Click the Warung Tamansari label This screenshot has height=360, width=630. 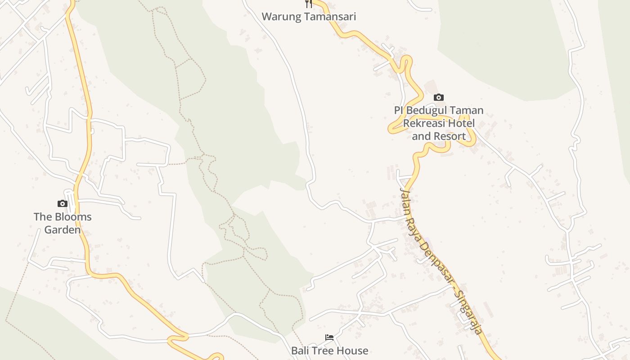click(x=309, y=17)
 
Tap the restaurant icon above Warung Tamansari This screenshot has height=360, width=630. click(x=309, y=4)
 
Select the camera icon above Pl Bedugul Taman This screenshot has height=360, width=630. click(x=438, y=97)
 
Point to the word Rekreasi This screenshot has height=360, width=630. click(x=423, y=123)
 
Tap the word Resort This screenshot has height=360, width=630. click(x=451, y=136)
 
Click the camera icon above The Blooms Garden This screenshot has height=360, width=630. click(x=63, y=204)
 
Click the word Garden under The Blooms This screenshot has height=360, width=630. click(x=63, y=230)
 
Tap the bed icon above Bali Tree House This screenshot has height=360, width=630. click(x=329, y=337)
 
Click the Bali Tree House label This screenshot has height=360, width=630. click(x=329, y=351)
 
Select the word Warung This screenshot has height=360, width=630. click(x=280, y=17)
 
